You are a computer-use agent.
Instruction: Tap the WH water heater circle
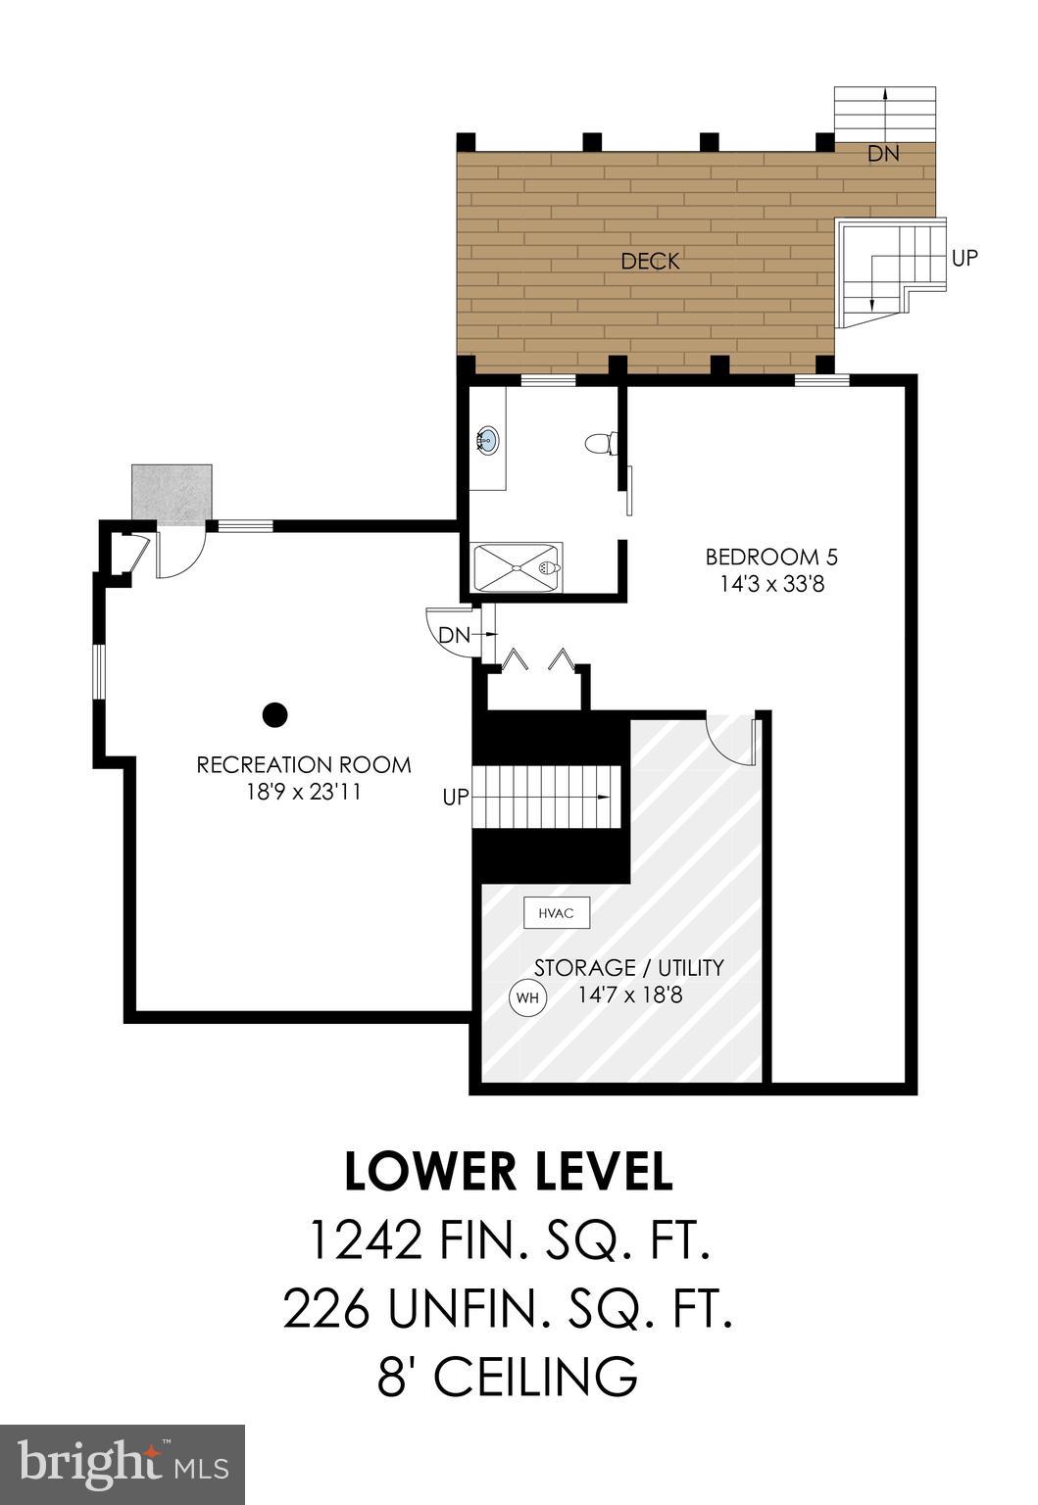(x=527, y=998)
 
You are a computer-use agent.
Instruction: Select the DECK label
(x=650, y=261)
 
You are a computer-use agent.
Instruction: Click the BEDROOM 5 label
(x=771, y=558)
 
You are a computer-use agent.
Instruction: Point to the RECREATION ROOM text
(x=304, y=764)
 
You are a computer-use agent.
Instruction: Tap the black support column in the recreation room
(x=275, y=715)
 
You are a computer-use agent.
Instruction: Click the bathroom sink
(x=487, y=441)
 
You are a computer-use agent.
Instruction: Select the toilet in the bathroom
(x=600, y=443)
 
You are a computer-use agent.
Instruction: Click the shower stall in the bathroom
(x=518, y=567)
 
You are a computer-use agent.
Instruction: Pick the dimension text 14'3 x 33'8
(x=771, y=585)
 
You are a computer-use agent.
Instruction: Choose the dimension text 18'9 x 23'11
(x=304, y=791)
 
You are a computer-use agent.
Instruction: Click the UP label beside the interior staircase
(x=456, y=798)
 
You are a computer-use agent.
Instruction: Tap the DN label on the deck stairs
(x=882, y=154)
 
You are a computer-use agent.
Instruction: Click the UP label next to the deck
(x=964, y=258)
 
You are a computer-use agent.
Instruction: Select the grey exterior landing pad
(x=172, y=494)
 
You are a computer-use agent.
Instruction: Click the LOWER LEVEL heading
(x=509, y=1172)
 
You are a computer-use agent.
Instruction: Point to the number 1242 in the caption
(x=365, y=1240)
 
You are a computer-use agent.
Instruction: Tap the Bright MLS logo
(x=123, y=1464)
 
